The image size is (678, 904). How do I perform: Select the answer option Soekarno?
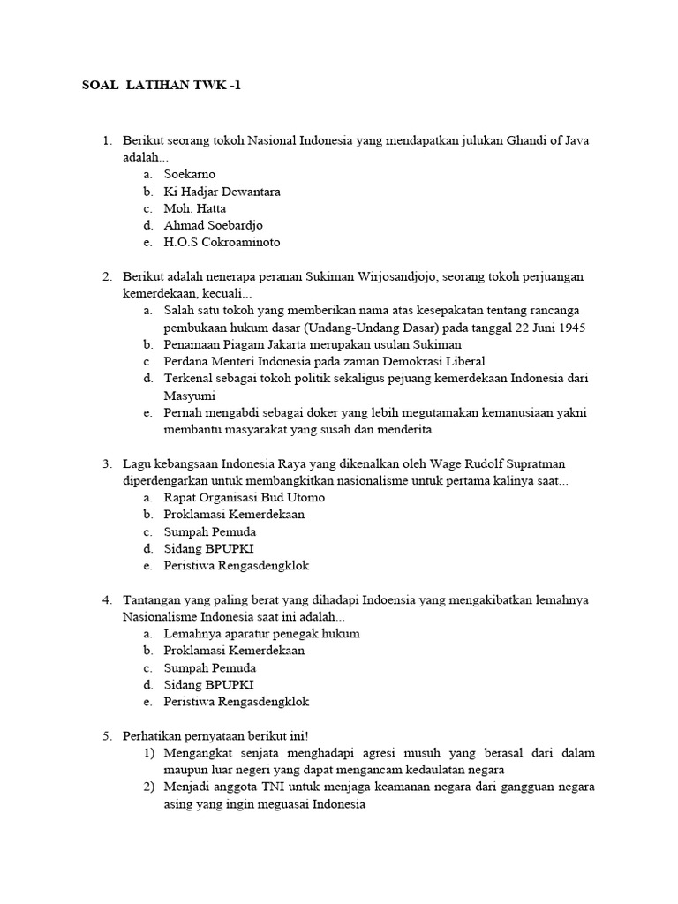coord(189,175)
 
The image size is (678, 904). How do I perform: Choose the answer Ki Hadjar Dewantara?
coord(222,192)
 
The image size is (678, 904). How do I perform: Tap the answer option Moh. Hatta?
coord(194,208)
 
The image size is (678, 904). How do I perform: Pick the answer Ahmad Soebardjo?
coord(213,225)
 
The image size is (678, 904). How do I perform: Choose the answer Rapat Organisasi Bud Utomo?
coord(244,498)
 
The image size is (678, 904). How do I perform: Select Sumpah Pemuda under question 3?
coord(210,531)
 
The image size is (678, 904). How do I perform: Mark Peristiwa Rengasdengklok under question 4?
coord(236,702)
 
